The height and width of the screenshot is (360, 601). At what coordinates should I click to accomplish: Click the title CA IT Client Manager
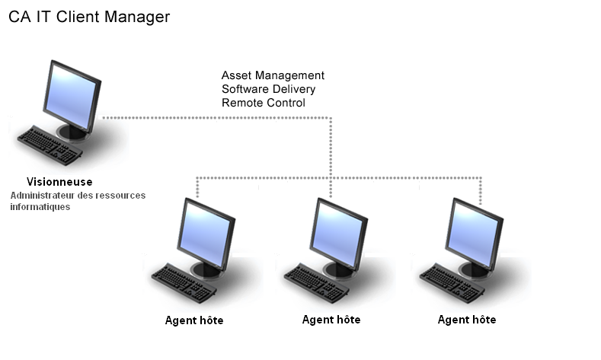coord(89,17)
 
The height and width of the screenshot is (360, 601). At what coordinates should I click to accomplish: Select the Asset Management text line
coord(273,75)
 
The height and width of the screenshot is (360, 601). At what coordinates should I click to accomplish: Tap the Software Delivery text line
coord(268,89)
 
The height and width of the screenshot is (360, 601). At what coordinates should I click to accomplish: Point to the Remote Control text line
coord(263,103)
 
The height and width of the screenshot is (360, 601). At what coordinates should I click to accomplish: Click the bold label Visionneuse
coord(59,182)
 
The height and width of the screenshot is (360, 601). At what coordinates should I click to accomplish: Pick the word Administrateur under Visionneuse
coord(43,196)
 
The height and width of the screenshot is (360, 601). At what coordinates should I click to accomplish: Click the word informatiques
coord(40,207)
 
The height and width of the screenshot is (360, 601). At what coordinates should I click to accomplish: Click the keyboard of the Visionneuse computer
coord(50,144)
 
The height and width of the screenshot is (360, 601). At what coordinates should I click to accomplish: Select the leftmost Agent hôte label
coord(194,320)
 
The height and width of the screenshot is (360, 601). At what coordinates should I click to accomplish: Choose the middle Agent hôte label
coord(331,320)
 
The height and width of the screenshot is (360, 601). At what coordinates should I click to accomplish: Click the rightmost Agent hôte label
coord(467,320)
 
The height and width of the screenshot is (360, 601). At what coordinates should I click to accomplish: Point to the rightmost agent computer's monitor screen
coord(474,231)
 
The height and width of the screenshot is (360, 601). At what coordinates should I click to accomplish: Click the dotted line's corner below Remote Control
coord(331,118)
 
